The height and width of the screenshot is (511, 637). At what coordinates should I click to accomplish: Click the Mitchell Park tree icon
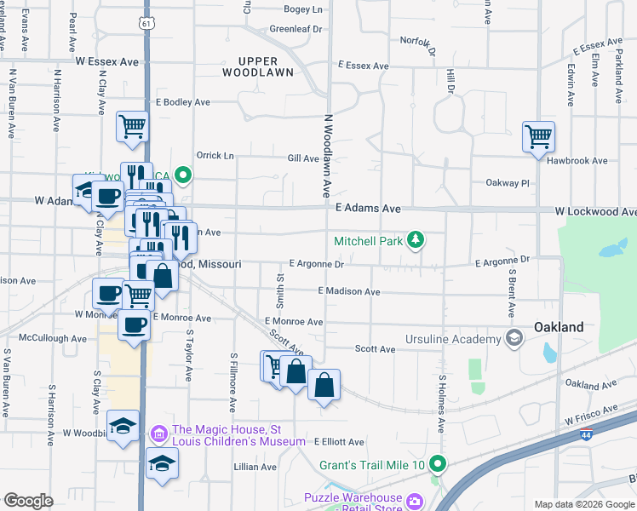(x=415, y=241)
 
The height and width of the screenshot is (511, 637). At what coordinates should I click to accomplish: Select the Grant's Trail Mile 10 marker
(x=438, y=465)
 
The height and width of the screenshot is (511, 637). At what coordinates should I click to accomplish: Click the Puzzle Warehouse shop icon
(x=415, y=499)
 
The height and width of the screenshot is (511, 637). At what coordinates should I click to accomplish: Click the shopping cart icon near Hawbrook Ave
(x=538, y=136)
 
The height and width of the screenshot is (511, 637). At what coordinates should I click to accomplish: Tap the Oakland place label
(x=558, y=327)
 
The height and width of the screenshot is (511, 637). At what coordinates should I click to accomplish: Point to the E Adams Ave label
(x=367, y=208)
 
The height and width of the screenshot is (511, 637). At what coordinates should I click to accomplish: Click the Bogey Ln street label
(x=303, y=9)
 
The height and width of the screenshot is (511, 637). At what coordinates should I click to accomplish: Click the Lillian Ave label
(x=255, y=467)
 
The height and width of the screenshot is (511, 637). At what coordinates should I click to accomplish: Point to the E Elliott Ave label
(x=339, y=442)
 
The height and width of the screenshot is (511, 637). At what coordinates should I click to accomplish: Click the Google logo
(x=28, y=500)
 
